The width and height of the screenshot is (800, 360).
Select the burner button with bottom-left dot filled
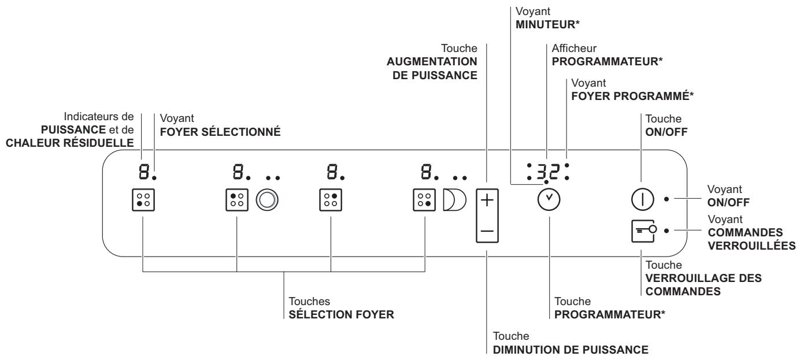click(x=144, y=200)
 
